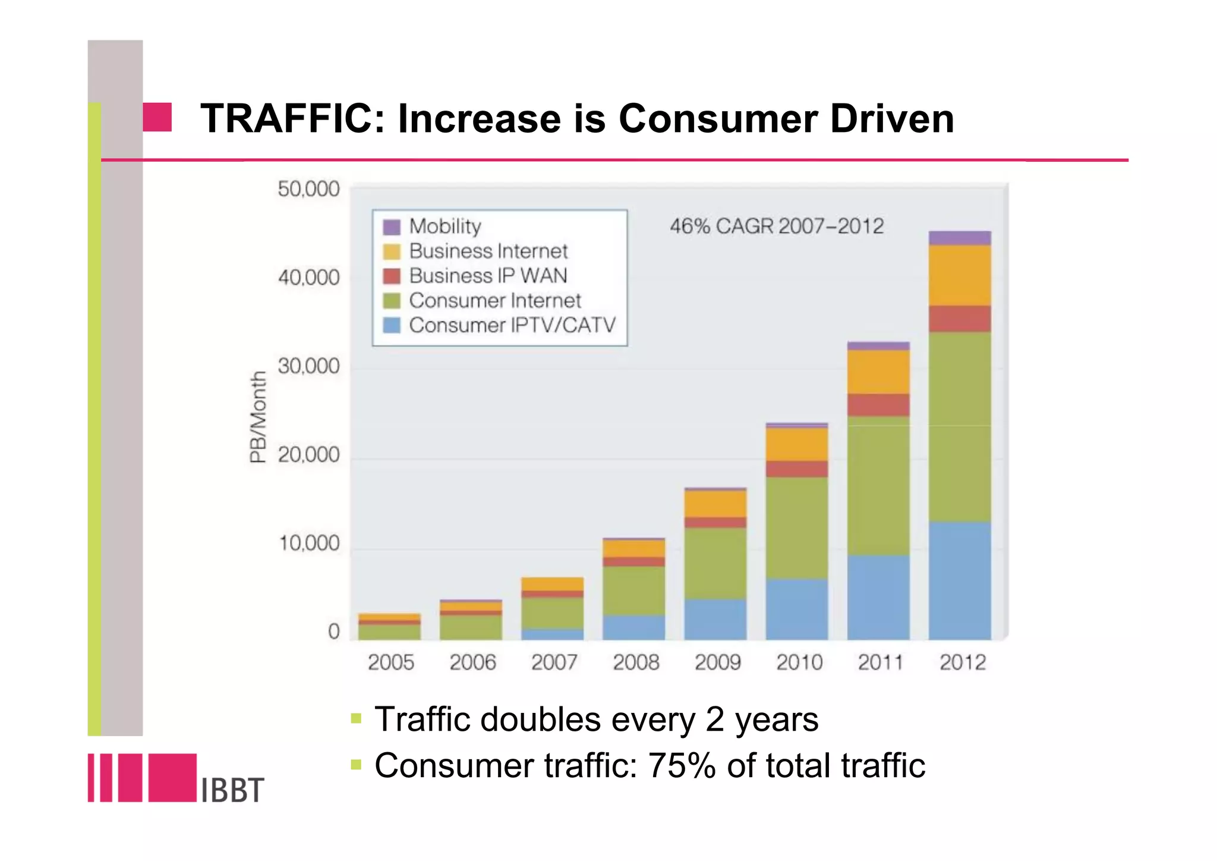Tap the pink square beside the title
(157, 117)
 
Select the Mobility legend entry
(444, 227)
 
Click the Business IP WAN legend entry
(487, 276)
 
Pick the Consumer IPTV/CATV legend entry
(512, 325)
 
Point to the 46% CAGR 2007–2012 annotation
(777, 227)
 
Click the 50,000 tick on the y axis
(308, 190)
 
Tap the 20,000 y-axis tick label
(308, 455)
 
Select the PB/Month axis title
(258, 417)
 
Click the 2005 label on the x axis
(390, 662)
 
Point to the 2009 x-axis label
(717, 662)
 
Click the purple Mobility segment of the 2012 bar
(960, 238)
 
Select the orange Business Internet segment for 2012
(960, 275)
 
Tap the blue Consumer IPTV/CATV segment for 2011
(878, 598)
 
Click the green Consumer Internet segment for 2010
(797, 527)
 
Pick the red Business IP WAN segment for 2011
(878, 405)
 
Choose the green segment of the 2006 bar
(471, 627)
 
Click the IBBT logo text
(232, 790)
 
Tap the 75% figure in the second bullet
(682, 766)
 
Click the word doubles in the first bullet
(540, 719)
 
